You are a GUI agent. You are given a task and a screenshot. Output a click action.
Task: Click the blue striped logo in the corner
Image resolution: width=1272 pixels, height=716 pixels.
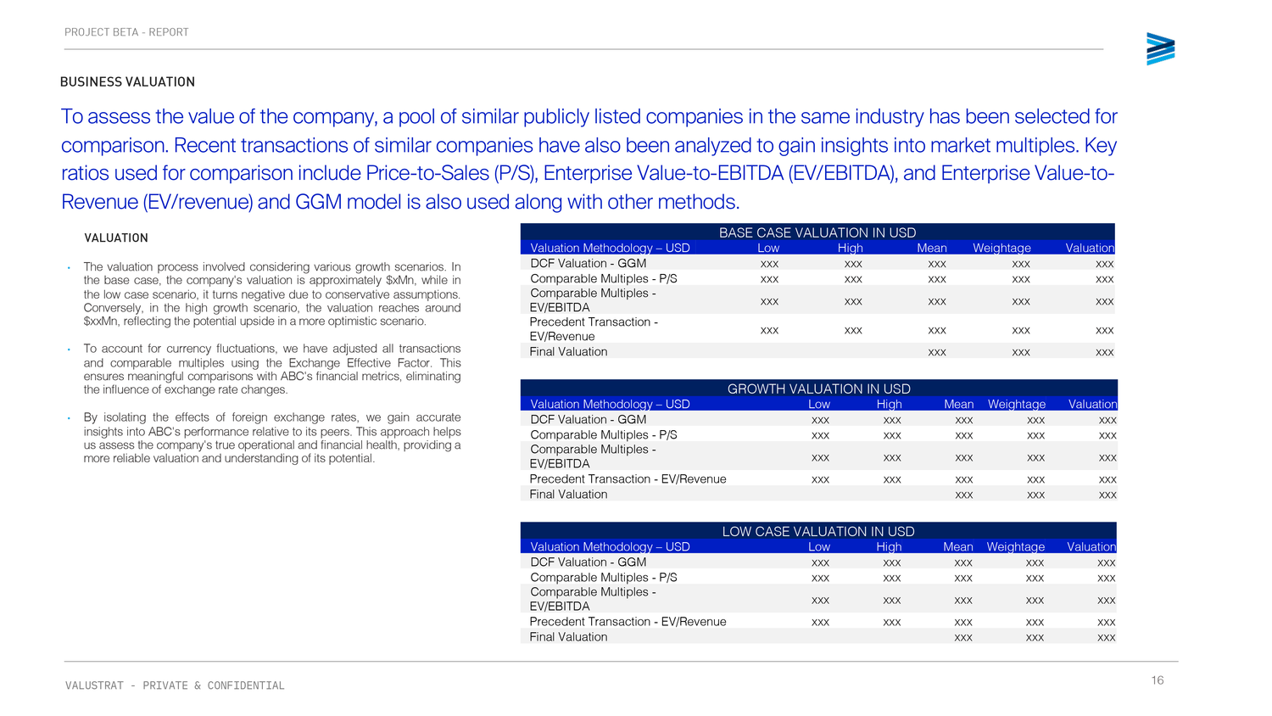1160,49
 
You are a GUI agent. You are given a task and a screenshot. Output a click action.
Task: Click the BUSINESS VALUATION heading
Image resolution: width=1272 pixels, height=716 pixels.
127,82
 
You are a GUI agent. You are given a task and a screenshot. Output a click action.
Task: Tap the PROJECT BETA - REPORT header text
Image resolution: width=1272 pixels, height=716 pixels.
126,32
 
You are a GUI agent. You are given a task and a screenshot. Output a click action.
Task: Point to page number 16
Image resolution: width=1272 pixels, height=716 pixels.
1158,680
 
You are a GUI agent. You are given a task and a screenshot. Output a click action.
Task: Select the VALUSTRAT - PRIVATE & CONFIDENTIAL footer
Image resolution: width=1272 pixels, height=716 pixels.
175,685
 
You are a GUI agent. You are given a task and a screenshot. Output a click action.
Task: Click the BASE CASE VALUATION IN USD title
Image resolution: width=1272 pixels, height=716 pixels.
817,232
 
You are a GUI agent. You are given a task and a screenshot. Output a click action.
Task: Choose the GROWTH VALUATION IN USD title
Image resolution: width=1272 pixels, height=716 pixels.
818,389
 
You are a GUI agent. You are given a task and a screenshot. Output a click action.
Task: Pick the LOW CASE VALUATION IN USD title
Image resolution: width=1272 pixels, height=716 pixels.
818,531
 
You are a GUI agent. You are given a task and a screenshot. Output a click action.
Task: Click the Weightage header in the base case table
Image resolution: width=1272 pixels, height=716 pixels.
1001,248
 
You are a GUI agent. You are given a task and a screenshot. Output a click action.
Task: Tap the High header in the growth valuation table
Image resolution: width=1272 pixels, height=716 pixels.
889,404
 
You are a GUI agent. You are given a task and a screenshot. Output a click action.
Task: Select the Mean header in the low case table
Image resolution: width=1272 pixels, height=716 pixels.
957,546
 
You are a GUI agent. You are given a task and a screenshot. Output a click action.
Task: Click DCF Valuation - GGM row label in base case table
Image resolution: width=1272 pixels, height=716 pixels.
588,263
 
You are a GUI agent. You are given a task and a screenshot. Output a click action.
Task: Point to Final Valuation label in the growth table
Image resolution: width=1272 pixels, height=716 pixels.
568,494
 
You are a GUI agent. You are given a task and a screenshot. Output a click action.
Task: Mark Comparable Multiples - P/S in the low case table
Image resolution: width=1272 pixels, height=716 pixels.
603,577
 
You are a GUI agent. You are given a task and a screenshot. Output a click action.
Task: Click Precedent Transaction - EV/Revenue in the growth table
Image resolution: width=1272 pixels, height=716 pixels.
628,478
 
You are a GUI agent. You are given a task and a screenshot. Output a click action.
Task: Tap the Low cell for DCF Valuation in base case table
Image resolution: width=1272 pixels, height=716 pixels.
769,264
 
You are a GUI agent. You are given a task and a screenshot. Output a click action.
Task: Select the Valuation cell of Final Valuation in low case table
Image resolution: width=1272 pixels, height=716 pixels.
1106,637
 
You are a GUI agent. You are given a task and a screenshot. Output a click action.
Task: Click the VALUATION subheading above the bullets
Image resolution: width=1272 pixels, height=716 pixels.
116,238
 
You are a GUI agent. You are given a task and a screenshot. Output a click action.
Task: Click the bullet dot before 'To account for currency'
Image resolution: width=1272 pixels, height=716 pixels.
69,350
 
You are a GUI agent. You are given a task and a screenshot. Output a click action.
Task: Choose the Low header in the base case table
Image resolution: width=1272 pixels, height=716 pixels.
768,248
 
